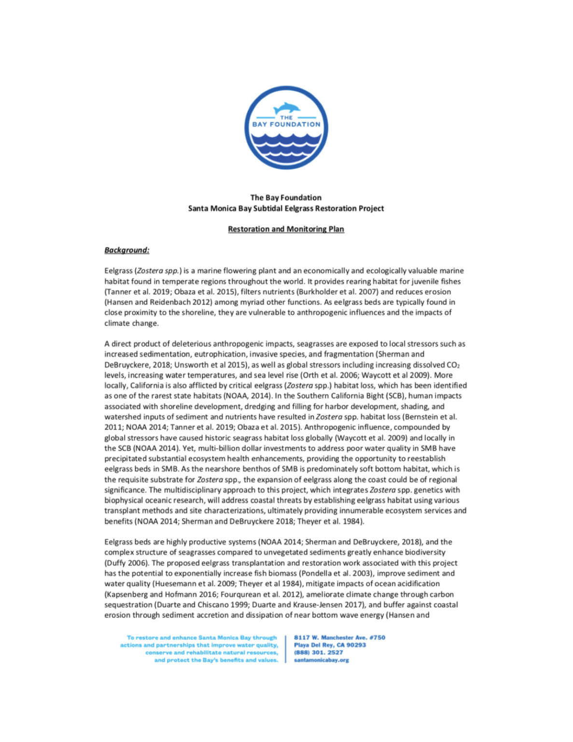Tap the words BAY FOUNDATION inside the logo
[286, 124]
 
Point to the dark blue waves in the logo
[286, 145]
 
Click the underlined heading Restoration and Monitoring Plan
[286, 229]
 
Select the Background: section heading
[127, 250]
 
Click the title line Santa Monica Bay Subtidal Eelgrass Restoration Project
[286, 209]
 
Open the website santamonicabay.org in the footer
[321, 660]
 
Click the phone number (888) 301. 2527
[319, 653]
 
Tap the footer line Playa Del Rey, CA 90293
[330, 645]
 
